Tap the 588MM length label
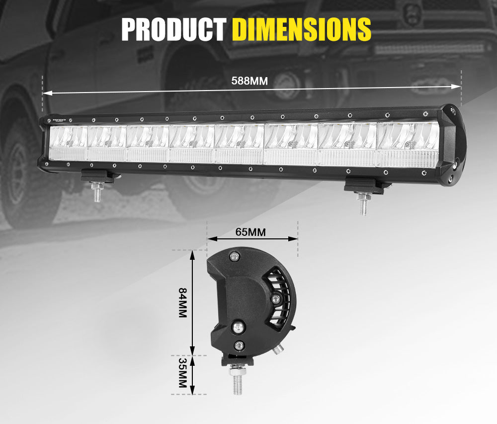[249, 81]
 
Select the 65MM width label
[250, 231]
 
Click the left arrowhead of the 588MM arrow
[46, 93]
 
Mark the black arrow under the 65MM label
[252, 239]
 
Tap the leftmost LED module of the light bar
[69, 143]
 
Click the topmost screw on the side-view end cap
[235, 256]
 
